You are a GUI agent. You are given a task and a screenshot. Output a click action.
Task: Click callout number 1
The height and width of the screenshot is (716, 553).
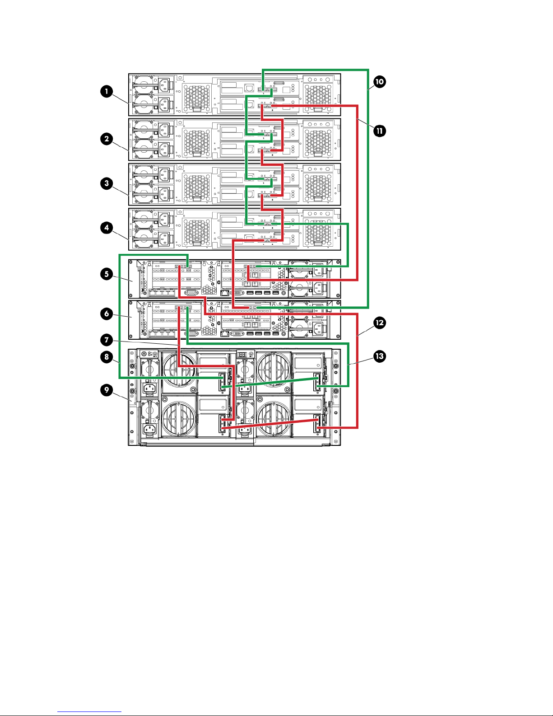coord(107,92)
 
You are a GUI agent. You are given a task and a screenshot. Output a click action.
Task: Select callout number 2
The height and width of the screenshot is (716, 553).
coord(107,139)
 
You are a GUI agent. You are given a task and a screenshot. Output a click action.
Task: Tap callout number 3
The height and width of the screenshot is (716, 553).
coord(107,183)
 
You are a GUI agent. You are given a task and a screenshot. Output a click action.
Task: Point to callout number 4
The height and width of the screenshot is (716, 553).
coord(107,228)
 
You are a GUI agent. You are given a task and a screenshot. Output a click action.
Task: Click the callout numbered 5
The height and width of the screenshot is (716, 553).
coord(107,274)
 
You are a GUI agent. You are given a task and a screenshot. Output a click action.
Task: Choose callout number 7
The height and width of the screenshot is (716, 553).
coord(107,340)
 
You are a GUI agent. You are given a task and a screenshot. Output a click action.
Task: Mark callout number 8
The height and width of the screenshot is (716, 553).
coord(107,357)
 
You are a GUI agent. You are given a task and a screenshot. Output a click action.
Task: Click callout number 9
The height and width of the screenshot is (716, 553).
coord(107,390)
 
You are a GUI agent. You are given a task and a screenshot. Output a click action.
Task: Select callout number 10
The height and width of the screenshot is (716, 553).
coord(380,82)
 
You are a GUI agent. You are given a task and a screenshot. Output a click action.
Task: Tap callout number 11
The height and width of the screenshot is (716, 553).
coord(380,131)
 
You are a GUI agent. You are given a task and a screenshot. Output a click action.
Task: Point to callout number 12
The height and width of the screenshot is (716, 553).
coord(380,323)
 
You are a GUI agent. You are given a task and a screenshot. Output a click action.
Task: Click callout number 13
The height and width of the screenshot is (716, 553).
coord(380,356)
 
